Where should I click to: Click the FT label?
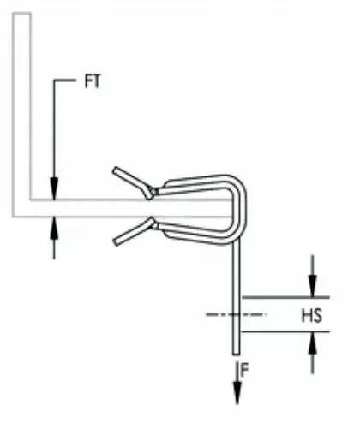click(x=93, y=81)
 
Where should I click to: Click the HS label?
click(x=312, y=316)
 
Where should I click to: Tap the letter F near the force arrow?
click(x=244, y=371)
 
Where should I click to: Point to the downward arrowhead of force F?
click(x=237, y=393)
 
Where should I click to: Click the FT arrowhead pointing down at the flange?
click(x=54, y=188)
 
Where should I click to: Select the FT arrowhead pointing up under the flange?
click(x=54, y=228)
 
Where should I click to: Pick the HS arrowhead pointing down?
click(x=313, y=286)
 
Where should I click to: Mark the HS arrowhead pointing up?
click(x=313, y=343)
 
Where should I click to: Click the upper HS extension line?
click(x=285, y=297)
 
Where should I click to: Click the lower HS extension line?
click(x=285, y=331)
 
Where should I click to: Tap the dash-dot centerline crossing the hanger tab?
click(x=237, y=314)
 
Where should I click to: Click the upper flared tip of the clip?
click(x=116, y=170)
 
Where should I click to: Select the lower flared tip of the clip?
click(x=116, y=241)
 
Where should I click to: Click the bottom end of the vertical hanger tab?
click(x=237, y=354)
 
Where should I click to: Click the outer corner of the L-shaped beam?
click(x=13, y=217)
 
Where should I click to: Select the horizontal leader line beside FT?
click(x=65, y=80)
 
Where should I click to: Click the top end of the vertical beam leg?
click(x=21, y=13)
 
